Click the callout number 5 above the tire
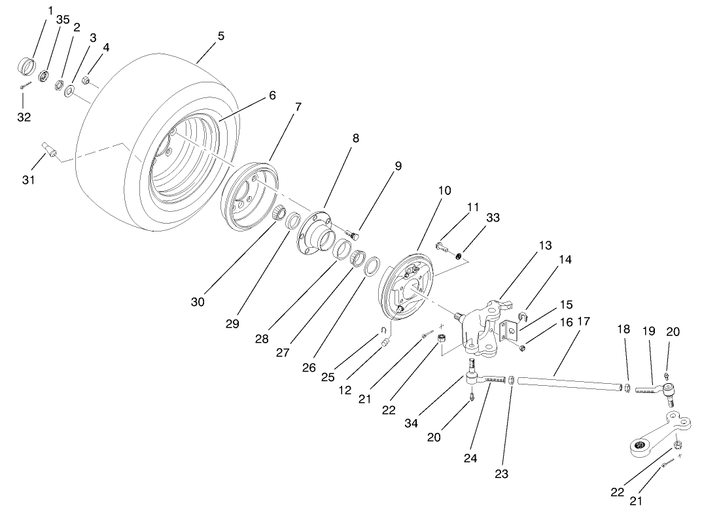coord(221,37)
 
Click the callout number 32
coord(24,117)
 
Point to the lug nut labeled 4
coord(86,81)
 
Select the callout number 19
coord(648,332)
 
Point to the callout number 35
coord(63,20)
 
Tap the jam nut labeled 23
coord(512,379)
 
